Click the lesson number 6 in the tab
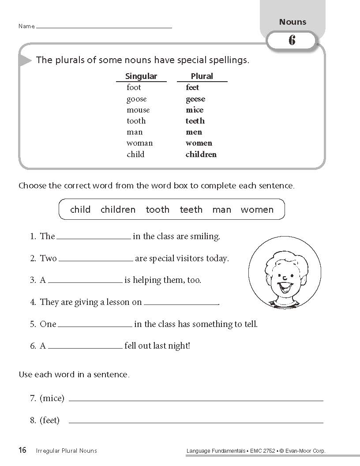pos(292,41)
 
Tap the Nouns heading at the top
pos(292,22)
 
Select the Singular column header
pos(141,76)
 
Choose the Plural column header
pos(202,76)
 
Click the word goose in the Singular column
pos(136,99)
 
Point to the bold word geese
pos(195,99)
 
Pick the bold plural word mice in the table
pos(195,110)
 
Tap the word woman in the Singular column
pos(139,143)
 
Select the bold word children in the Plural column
pos(201,154)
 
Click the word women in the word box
pos(257,210)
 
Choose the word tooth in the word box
pos(157,210)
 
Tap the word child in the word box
pos(80,210)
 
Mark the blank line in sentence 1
pos(94,238)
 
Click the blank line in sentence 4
pos(181,304)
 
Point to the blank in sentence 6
pos(85,348)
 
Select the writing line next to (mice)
pos(196,400)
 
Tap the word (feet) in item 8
pos(49,421)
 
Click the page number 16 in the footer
pos(22,450)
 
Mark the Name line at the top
pos(104,27)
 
